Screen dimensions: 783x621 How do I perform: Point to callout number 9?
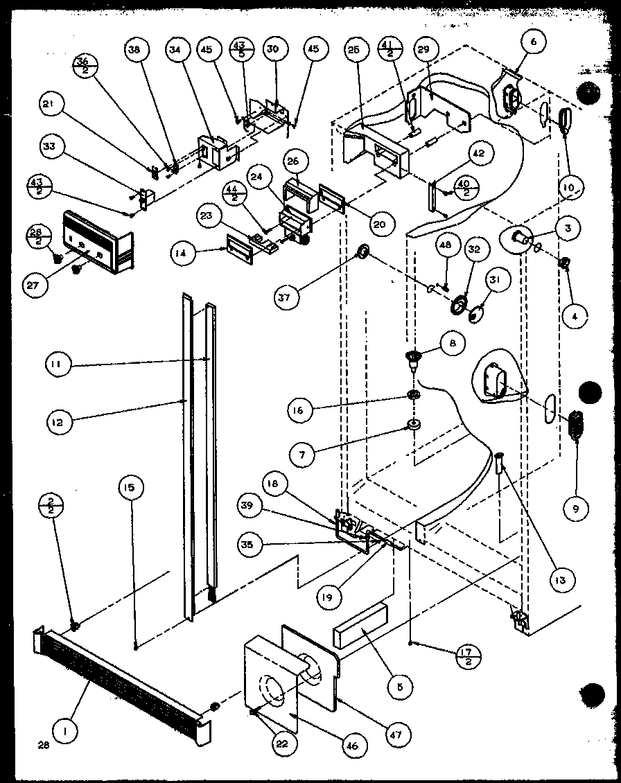[575, 509]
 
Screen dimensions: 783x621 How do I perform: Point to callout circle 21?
[53, 105]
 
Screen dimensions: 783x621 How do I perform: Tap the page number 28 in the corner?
[26, 745]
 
